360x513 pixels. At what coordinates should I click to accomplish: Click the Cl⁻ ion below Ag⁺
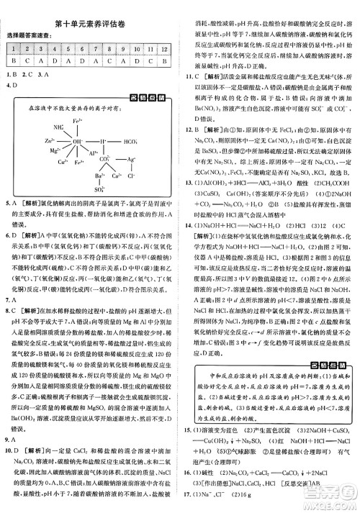pos(132,174)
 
